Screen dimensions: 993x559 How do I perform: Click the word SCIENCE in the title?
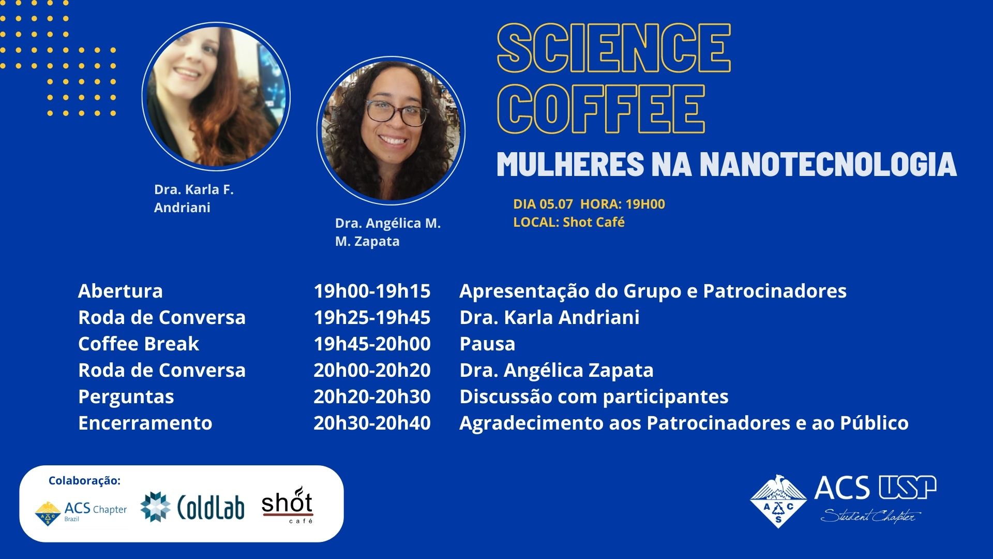tap(614, 48)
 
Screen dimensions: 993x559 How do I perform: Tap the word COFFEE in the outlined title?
tap(601, 109)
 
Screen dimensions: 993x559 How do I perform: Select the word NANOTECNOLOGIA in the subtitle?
tap(828, 164)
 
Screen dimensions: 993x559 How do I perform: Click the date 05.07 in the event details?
tap(556, 204)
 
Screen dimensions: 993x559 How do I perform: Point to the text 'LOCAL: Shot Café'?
tap(569, 222)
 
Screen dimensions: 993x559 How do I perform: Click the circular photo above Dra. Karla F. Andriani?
tap(216, 96)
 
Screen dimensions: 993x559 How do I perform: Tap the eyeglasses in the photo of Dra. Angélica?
tap(396, 112)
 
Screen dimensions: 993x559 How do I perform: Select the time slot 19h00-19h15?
tap(372, 291)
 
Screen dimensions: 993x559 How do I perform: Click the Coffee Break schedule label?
tap(139, 344)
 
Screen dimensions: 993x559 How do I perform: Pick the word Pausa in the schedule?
tap(487, 344)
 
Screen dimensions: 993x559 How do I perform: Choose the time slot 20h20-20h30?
tap(372, 396)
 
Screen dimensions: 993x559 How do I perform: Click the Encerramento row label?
tap(145, 423)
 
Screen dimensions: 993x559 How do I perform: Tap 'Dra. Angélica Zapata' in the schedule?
tap(556, 370)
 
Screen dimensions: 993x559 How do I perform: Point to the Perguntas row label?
tap(126, 397)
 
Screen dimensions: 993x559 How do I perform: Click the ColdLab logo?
tap(192, 506)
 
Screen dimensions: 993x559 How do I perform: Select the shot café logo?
tap(288, 505)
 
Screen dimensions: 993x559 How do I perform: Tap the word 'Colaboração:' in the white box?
tap(84, 481)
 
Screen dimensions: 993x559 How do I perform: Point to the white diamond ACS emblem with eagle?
tap(778, 501)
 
